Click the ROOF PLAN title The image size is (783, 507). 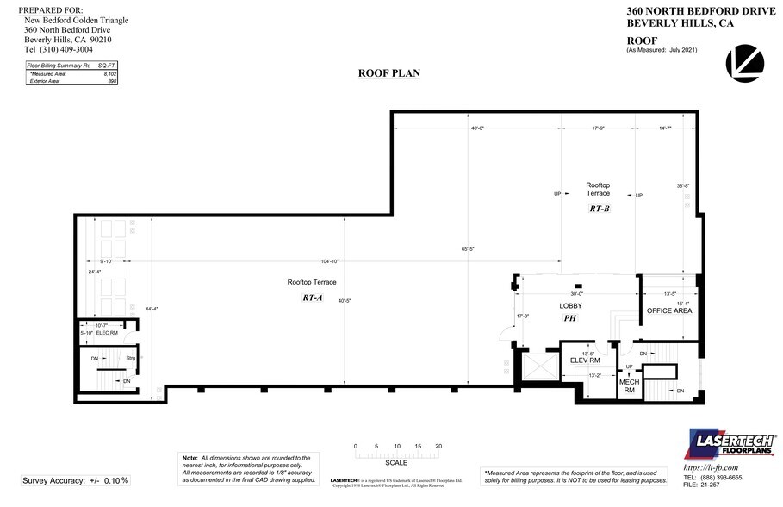coord(389,73)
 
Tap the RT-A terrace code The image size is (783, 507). coord(312,297)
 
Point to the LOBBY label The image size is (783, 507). coord(570,306)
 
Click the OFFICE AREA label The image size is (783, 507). coord(669,310)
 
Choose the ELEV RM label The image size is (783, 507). coord(585,360)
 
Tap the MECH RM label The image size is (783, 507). coord(629,385)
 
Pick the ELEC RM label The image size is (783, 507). coord(107,333)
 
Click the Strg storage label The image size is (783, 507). coord(131,359)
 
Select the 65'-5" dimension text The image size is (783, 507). coord(469,249)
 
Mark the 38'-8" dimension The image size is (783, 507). coord(683,186)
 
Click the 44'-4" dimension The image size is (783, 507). coord(152,309)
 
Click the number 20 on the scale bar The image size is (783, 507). coord(438,446)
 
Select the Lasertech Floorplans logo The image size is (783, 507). coord(730,443)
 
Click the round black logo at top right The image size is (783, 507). coord(744,63)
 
